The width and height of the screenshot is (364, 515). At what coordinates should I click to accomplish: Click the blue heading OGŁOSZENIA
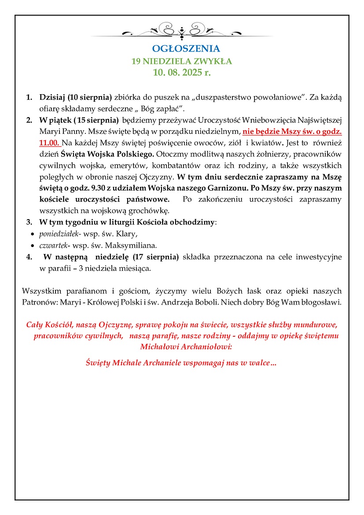[182, 48]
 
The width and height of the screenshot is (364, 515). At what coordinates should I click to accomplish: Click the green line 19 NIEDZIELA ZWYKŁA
[182, 61]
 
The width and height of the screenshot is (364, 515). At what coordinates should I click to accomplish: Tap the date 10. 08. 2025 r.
[182, 73]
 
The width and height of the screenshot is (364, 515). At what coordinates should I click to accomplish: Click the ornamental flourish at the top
[182, 32]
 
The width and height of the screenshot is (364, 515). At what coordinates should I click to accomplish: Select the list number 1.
[29, 97]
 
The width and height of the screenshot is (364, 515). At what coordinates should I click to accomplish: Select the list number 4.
[29, 257]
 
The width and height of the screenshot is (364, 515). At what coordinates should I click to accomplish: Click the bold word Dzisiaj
[53, 97]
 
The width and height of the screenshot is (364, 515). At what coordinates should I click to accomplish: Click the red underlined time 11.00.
[49, 143]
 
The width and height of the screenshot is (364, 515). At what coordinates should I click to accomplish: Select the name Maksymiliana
[131, 245]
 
